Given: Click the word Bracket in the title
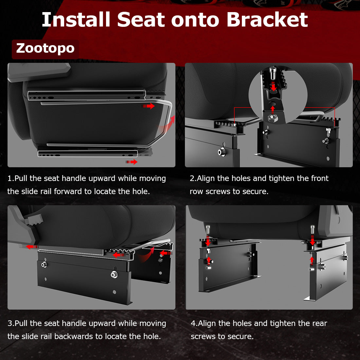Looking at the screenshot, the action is click(x=267, y=20).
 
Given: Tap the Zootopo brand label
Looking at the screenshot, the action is click(x=45, y=48).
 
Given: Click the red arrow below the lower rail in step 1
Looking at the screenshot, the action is click(x=132, y=162).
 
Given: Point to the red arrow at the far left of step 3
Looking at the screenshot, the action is click(x=32, y=247).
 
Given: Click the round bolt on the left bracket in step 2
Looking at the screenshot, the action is click(x=222, y=152).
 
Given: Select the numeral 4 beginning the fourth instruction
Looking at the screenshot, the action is click(x=193, y=323).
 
